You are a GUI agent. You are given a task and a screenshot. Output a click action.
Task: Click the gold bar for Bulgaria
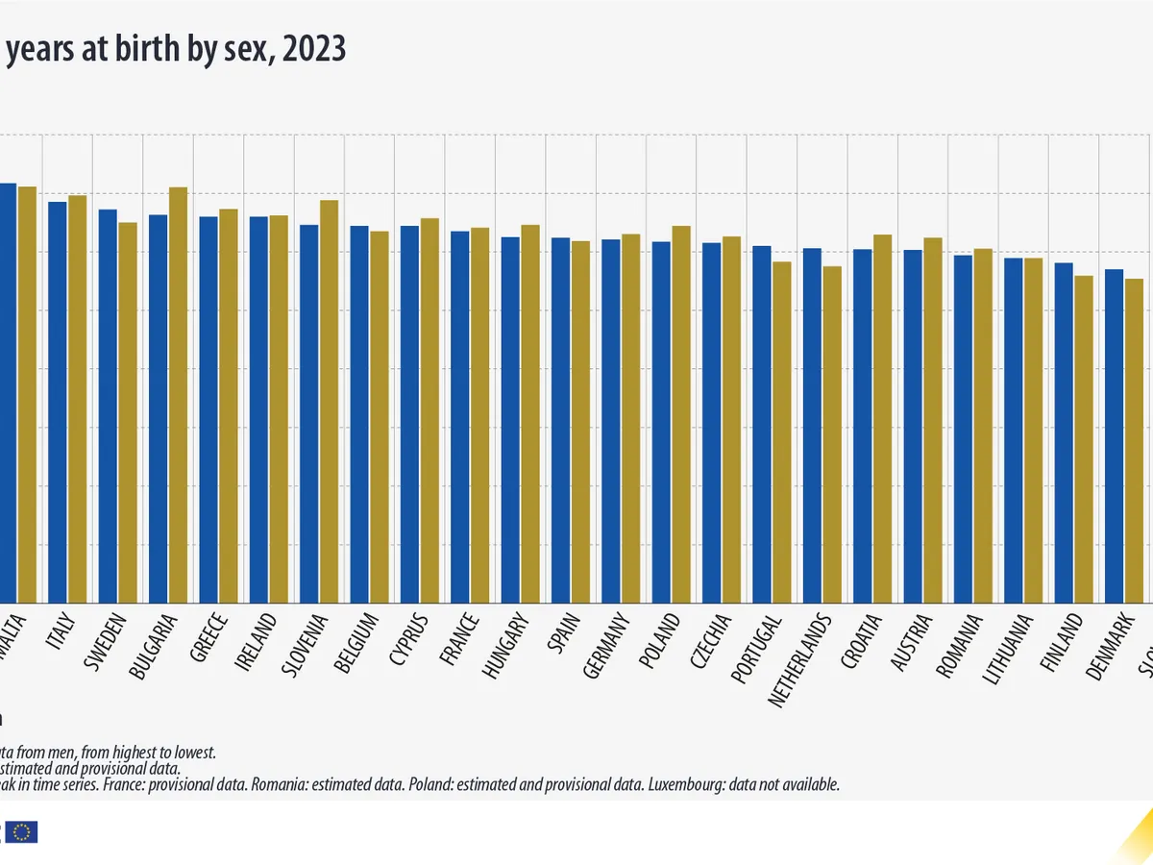(x=178, y=395)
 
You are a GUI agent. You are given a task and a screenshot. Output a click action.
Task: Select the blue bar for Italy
(x=58, y=403)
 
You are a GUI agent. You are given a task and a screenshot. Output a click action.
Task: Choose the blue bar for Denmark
(x=1114, y=436)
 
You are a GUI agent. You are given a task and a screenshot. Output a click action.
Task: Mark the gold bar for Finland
(x=1084, y=439)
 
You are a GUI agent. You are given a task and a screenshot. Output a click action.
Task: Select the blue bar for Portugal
(x=762, y=425)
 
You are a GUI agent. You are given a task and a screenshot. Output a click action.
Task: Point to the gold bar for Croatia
(x=883, y=419)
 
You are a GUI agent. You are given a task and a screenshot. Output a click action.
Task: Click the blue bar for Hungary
(x=510, y=420)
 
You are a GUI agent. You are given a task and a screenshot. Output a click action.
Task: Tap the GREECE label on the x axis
(x=210, y=634)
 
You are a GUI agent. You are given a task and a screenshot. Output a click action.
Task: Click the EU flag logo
(x=23, y=831)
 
